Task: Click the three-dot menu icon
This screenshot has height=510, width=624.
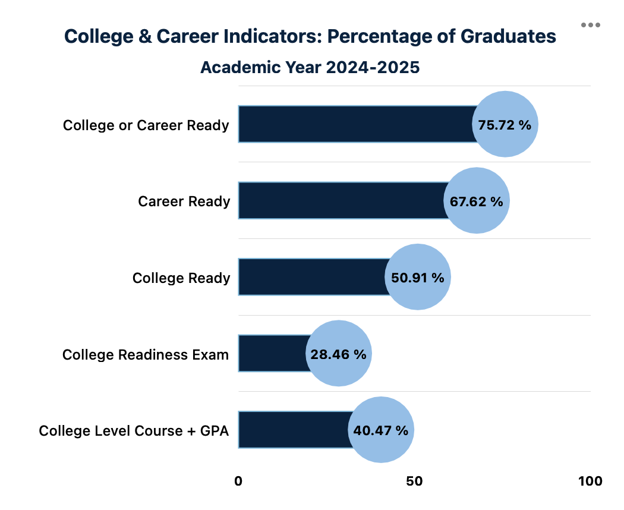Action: tap(591, 25)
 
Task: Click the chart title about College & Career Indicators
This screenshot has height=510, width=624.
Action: tap(310, 36)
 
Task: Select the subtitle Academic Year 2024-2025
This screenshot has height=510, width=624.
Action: tap(310, 67)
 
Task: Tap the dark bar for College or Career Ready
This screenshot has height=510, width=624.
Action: tap(357, 124)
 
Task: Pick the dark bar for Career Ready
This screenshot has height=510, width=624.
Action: tap(342, 201)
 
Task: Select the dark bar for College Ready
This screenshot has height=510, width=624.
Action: tap(312, 277)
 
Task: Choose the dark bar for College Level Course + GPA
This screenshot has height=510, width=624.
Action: tap(294, 430)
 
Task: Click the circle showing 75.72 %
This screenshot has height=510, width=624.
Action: tap(505, 124)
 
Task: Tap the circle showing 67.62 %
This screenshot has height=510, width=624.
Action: tap(477, 201)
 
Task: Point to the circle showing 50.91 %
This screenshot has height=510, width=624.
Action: tap(418, 277)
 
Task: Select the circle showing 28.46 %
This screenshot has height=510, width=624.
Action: tap(339, 354)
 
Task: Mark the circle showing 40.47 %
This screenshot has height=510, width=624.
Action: tap(381, 430)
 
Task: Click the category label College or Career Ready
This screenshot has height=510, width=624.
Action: tap(146, 125)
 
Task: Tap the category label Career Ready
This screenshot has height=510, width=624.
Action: tap(184, 202)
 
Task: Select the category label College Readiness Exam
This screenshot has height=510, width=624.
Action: tap(146, 355)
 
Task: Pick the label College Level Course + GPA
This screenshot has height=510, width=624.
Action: tap(134, 431)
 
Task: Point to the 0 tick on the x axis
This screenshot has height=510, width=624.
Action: tap(238, 481)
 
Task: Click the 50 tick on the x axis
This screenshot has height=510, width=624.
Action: tap(414, 481)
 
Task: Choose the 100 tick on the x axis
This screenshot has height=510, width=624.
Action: tap(590, 481)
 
